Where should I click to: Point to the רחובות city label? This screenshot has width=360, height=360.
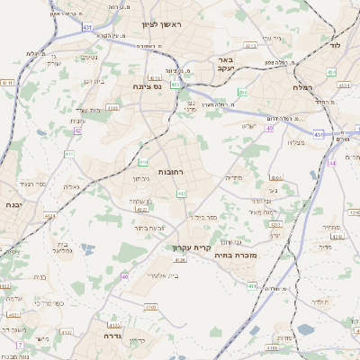click(x=170, y=171)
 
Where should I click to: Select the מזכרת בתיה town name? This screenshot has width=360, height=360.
click(x=232, y=256)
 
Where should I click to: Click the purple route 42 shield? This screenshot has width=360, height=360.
click(x=77, y=130)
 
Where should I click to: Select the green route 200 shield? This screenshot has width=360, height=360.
click(x=242, y=92)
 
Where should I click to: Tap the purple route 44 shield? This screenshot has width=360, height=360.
click(x=332, y=163)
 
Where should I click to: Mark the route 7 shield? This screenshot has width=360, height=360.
click(x=19, y=345)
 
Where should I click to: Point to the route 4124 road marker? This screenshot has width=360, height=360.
click(x=50, y=216)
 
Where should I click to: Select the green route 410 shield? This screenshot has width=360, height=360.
click(x=143, y=162)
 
